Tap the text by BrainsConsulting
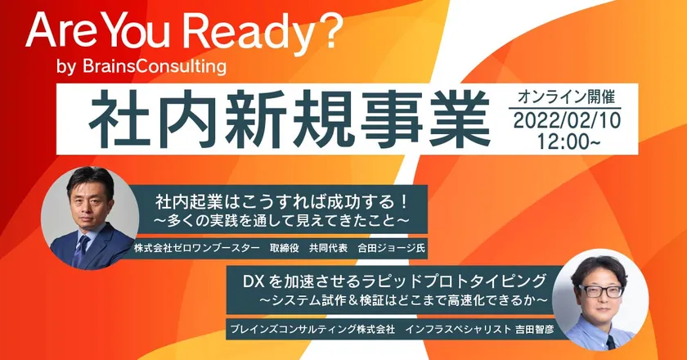tap(141, 66)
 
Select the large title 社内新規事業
tap(290, 119)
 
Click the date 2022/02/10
tap(567, 120)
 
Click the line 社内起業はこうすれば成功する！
tap(282, 202)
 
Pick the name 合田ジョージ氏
tap(391, 248)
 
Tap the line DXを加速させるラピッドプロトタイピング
tap(395, 280)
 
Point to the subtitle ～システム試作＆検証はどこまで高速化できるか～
tap(403, 300)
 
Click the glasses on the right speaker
tap(600, 290)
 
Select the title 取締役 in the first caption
tap(285, 248)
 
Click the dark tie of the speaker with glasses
tap(611, 342)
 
